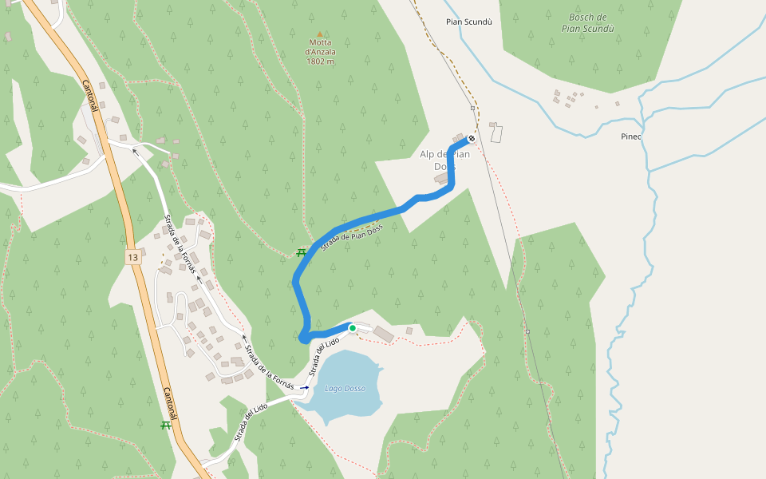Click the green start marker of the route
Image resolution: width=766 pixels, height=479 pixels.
[x=352, y=327]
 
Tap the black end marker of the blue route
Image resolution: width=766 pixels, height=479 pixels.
[x=472, y=139]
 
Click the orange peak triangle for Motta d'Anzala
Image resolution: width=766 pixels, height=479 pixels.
[x=320, y=34]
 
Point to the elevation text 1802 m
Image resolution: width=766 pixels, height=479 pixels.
[x=320, y=61]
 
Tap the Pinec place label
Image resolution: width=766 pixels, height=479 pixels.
[x=631, y=137]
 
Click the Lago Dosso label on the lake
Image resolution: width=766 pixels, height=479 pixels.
[x=345, y=389]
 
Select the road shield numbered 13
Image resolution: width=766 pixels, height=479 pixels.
[x=132, y=257]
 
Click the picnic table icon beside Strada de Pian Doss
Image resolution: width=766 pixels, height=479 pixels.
[x=302, y=253]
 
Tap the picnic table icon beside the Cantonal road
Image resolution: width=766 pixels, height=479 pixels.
[x=166, y=425]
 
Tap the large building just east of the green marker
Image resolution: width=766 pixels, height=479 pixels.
[x=382, y=333]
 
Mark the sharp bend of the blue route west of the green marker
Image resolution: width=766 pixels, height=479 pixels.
[x=304, y=338]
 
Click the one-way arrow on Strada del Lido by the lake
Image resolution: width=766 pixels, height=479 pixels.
[x=304, y=387]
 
